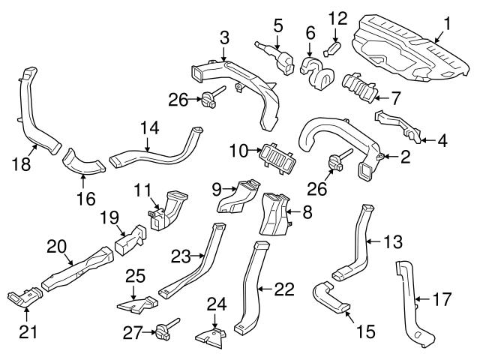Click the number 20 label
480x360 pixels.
pos(55,244)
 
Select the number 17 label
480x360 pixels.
pos(443,301)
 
